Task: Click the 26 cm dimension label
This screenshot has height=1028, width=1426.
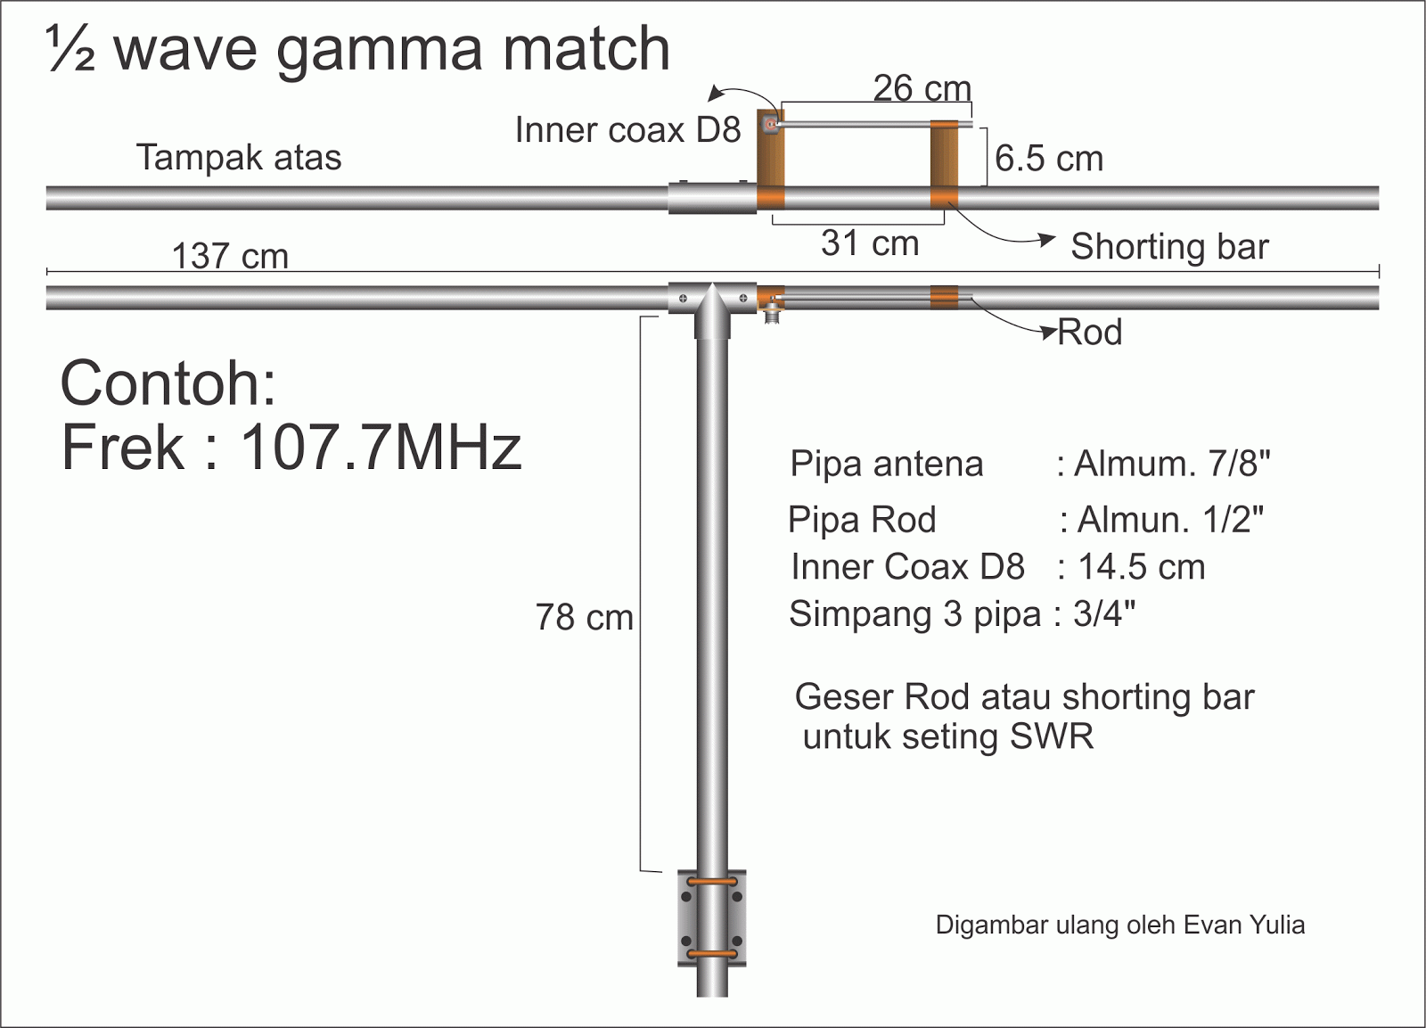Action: [922, 88]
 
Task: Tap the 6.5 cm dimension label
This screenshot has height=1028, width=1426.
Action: [1049, 159]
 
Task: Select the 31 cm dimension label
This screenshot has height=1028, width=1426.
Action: [870, 243]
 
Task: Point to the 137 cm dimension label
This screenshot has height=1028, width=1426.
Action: [230, 256]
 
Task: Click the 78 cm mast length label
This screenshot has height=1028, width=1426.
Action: [584, 617]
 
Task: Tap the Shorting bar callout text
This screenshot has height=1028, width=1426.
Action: [1169, 246]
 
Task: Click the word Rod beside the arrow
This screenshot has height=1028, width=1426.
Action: [1089, 333]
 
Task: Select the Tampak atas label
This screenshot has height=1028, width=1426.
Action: [239, 158]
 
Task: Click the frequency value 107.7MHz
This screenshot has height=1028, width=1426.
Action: [381, 447]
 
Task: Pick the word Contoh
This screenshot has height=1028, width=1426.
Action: [168, 383]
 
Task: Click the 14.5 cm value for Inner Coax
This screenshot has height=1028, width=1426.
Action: [1142, 567]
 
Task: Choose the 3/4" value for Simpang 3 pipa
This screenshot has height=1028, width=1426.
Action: [1104, 614]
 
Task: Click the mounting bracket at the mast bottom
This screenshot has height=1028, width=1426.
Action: [712, 918]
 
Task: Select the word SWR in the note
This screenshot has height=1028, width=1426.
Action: [1052, 736]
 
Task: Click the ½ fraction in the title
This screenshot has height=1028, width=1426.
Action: [70, 49]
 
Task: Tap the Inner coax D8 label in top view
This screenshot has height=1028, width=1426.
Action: [627, 130]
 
